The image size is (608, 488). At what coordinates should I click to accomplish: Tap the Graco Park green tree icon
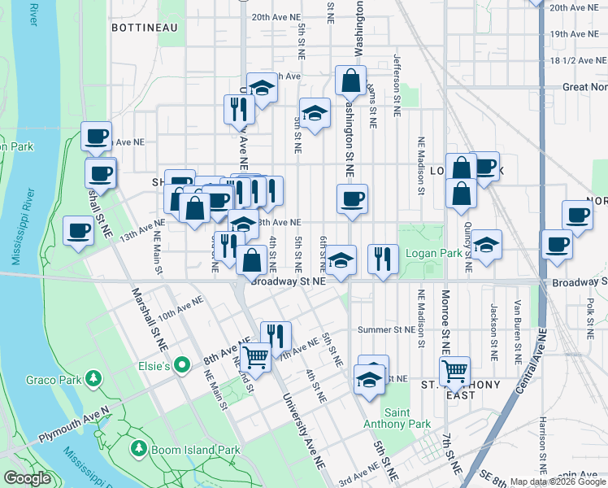(94, 378)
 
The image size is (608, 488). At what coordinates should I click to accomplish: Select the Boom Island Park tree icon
(140, 449)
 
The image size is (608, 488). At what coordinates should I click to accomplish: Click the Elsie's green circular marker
(184, 366)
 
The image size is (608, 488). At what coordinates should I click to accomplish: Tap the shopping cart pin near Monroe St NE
(454, 372)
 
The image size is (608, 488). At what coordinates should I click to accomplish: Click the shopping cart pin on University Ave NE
(256, 355)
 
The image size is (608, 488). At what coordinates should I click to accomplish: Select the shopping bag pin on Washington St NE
(350, 81)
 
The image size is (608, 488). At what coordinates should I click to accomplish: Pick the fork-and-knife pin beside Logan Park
(383, 259)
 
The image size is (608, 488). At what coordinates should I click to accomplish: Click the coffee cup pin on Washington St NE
(352, 199)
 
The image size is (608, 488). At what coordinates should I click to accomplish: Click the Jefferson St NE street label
(397, 85)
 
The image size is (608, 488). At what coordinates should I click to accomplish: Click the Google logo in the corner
(27, 478)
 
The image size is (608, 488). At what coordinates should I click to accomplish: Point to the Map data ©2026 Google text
(558, 481)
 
